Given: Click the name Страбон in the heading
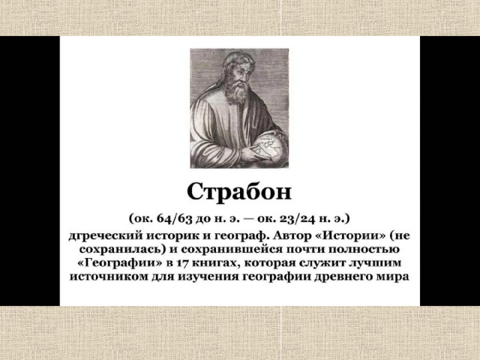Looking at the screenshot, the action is click(x=239, y=192).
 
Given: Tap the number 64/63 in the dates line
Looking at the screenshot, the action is click(x=173, y=218).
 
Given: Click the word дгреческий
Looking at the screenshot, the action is click(x=105, y=236).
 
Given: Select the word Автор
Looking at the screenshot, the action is click(x=292, y=236).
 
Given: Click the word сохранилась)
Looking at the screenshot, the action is click(x=122, y=249).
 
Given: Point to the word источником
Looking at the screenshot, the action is click(x=108, y=277).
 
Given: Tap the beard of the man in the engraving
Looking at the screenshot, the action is click(x=238, y=91).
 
